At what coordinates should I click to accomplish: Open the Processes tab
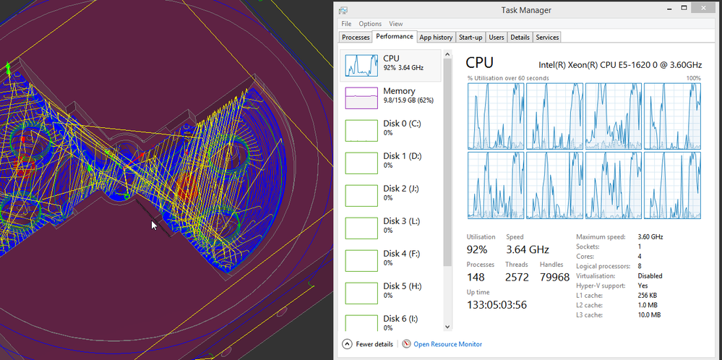point(356,38)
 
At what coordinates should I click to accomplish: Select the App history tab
point(437,38)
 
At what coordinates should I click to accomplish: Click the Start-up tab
point(470,38)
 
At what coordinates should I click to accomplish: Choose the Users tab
point(497,38)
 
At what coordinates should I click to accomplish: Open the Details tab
point(520,38)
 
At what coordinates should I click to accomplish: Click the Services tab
point(547,38)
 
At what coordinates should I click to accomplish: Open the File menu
point(346,23)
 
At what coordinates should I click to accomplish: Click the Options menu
point(370,23)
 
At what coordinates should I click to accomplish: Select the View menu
point(395,23)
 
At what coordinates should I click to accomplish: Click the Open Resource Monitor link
point(447,344)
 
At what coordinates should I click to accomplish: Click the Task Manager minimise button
point(663,8)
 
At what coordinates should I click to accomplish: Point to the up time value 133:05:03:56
point(497,305)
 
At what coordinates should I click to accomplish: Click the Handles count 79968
point(553,277)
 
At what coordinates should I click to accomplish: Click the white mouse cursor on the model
point(154,226)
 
